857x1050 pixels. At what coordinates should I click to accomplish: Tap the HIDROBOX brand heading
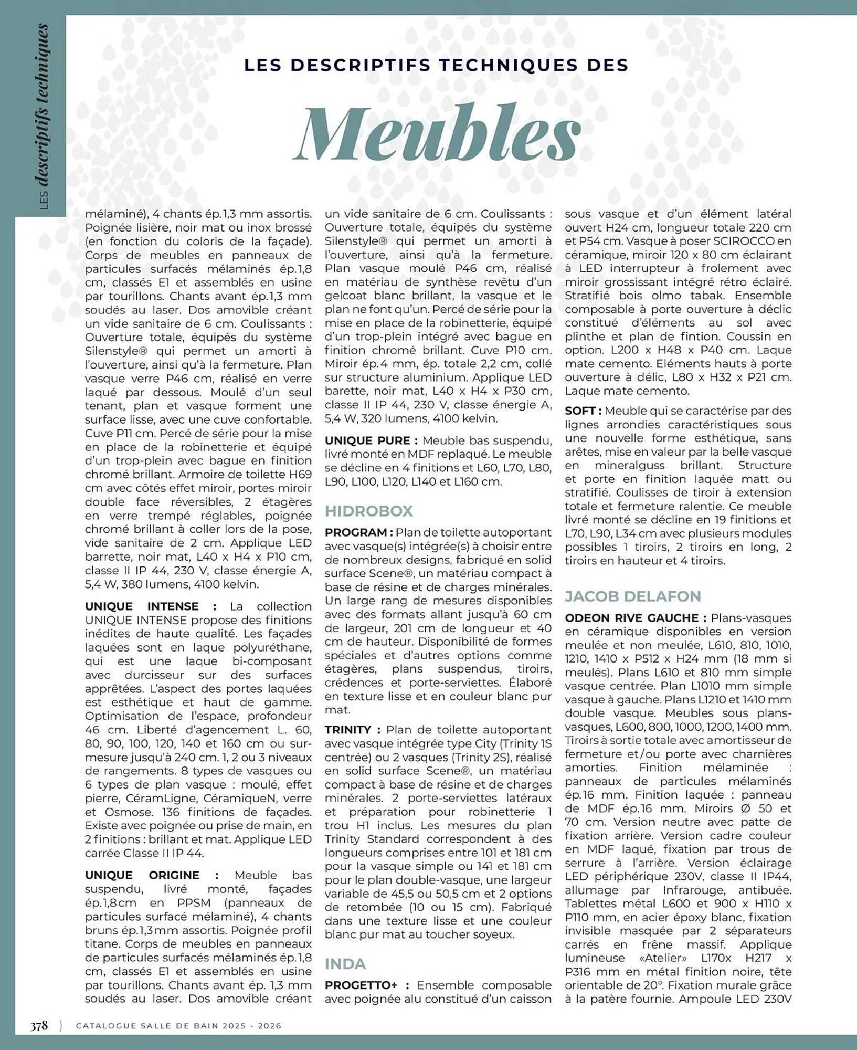pyautogui.click(x=368, y=511)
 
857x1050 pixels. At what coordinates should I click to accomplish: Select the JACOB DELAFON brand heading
pyautogui.click(x=632, y=596)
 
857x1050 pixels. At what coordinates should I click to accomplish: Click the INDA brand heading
pyautogui.click(x=345, y=964)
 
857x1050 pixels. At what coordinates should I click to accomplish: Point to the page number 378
pyautogui.click(x=39, y=1025)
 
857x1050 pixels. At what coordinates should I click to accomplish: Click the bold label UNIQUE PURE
pyautogui.click(x=371, y=440)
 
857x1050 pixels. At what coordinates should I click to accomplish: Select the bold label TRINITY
pyautogui.click(x=347, y=730)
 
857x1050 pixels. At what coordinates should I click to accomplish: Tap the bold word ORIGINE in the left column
pyautogui.click(x=174, y=875)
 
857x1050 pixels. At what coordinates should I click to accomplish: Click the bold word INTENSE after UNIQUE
pyautogui.click(x=173, y=606)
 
